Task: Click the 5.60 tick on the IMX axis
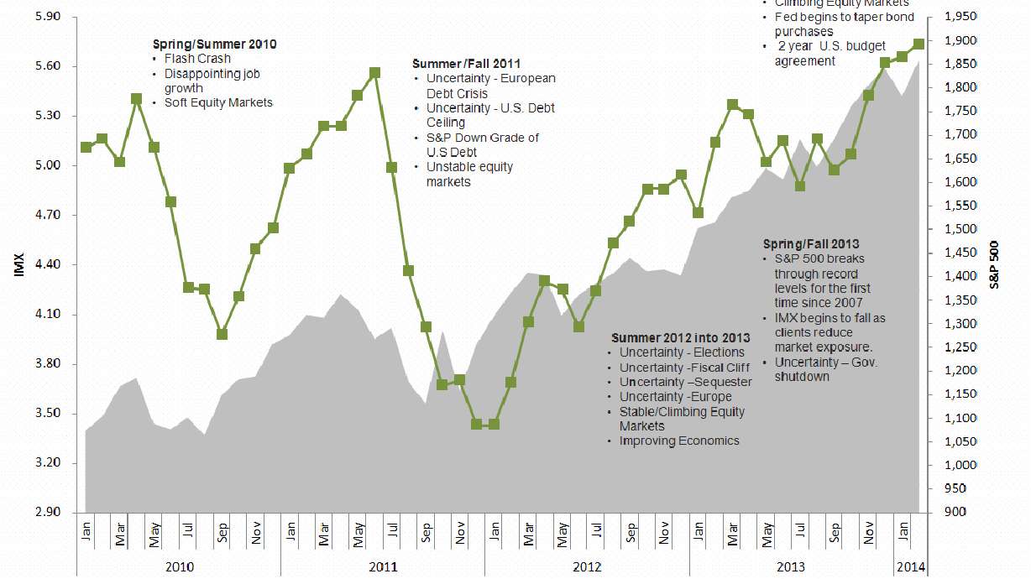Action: tap(30, 66)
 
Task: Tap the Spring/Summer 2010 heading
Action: tap(214, 44)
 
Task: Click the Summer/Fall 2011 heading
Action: tap(467, 63)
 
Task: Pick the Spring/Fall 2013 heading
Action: tap(810, 244)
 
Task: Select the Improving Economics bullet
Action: tap(680, 441)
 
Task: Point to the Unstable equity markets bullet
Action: tap(470, 174)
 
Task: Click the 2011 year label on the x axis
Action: tap(383, 567)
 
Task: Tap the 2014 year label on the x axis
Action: tap(910, 567)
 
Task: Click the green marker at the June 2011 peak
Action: tap(374, 73)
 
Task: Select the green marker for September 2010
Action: tap(222, 334)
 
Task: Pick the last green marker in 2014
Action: tap(918, 44)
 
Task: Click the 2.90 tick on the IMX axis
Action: tap(30, 513)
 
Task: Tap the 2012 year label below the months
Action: tap(587, 567)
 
